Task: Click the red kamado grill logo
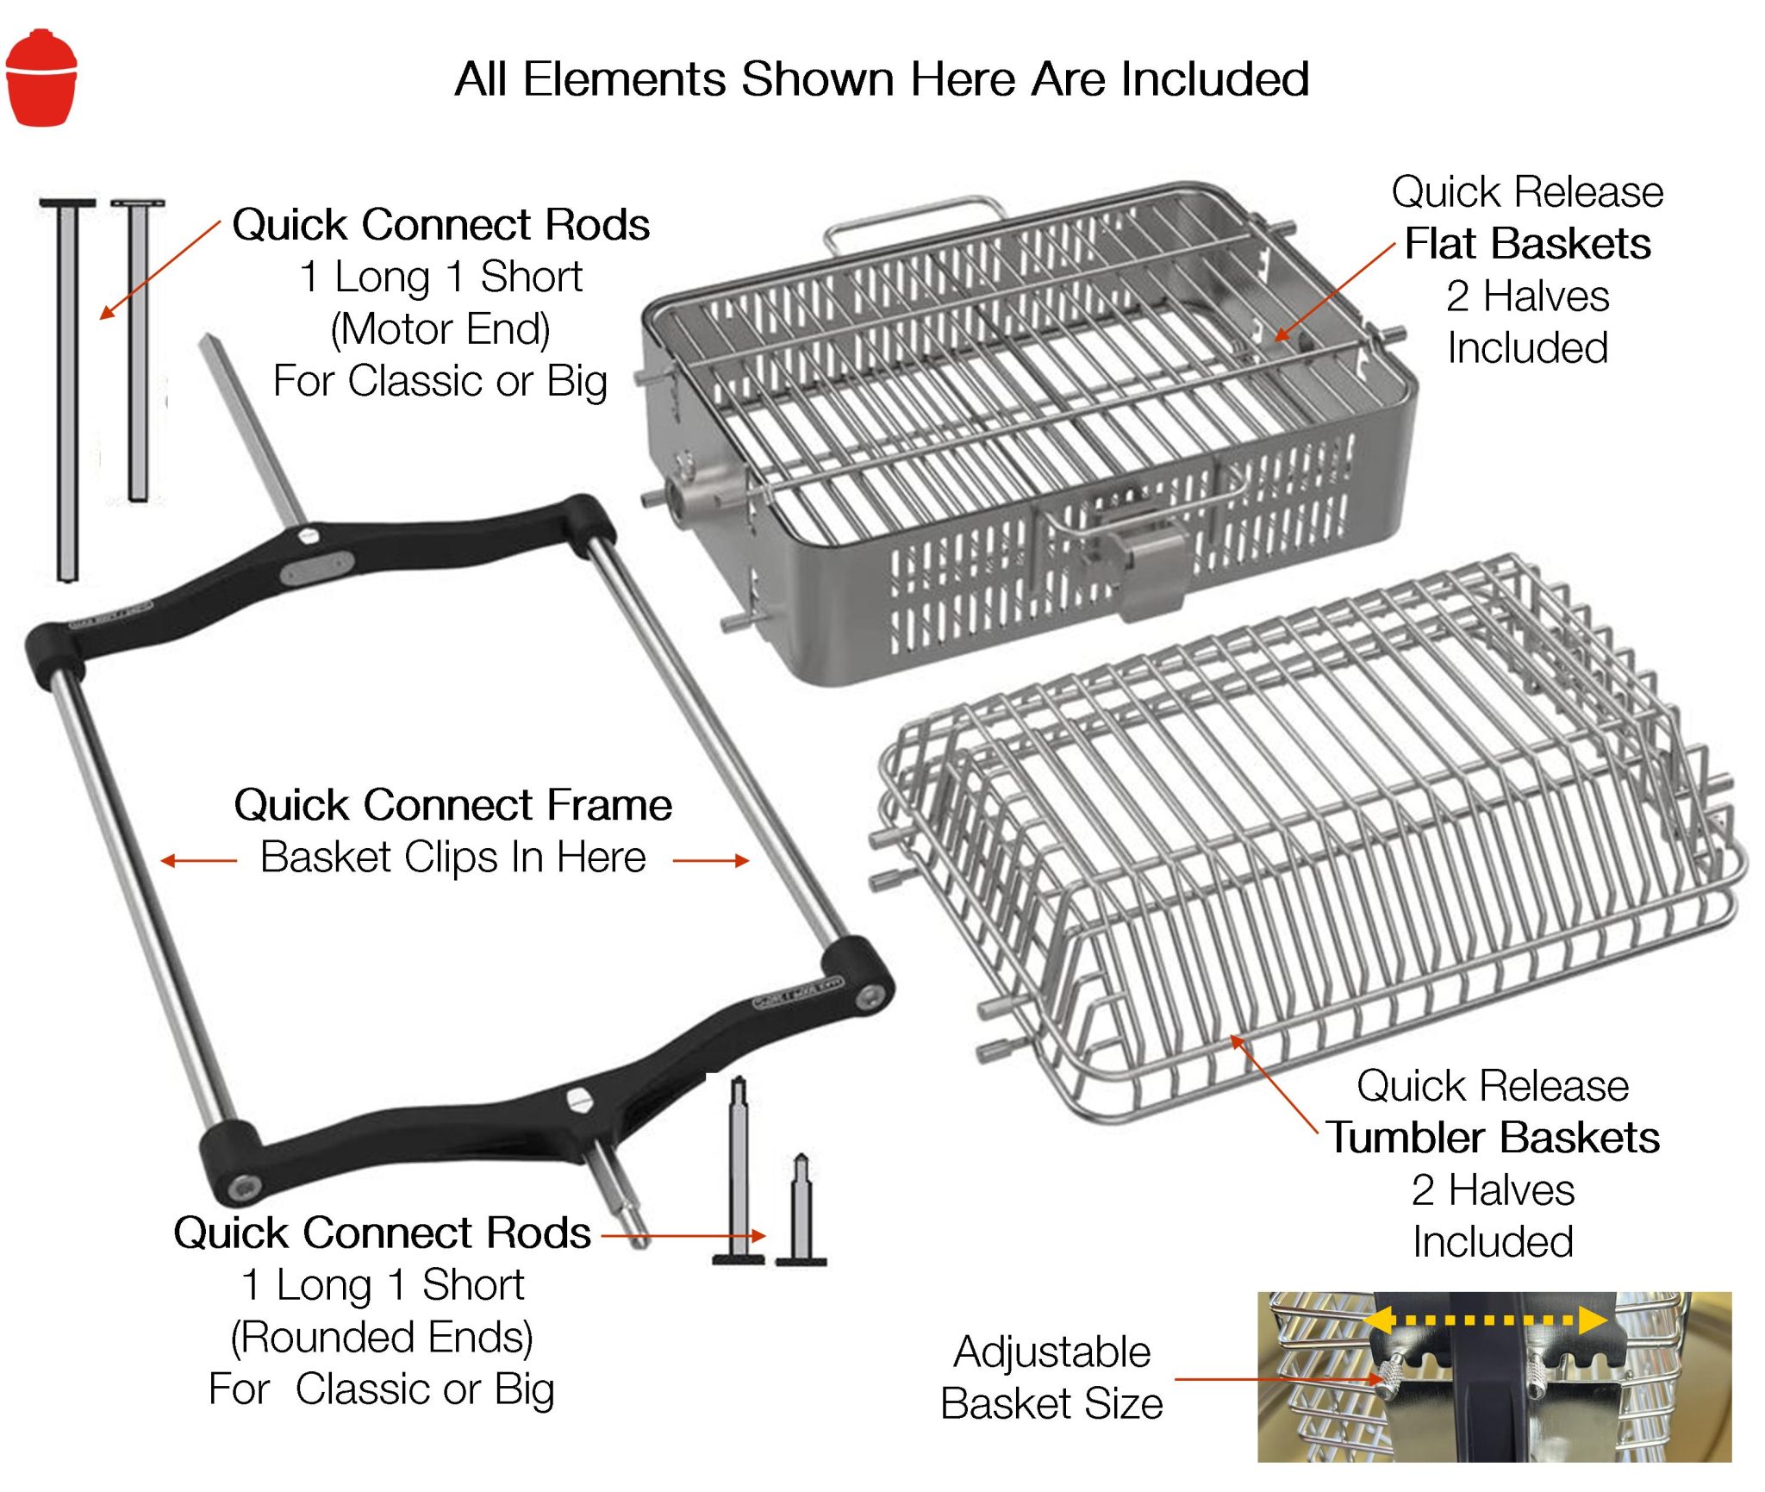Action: pyautogui.click(x=41, y=78)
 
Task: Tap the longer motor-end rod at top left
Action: pyautogui.click(x=67, y=388)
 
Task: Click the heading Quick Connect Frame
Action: pyautogui.click(x=453, y=805)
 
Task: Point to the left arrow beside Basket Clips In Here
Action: pyautogui.click(x=198, y=860)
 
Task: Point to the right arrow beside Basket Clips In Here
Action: pyautogui.click(x=711, y=860)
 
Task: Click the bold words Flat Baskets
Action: pyautogui.click(x=1527, y=244)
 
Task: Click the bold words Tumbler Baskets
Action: pyautogui.click(x=1493, y=1138)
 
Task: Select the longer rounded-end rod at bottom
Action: pyautogui.click(x=739, y=1172)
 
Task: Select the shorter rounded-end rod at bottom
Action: pyautogui.click(x=801, y=1211)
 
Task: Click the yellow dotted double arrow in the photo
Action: pyautogui.click(x=1487, y=1320)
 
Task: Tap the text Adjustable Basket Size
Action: pyautogui.click(x=1051, y=1377)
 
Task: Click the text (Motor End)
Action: pyautogui.click(x=440, y=329)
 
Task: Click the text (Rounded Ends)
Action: pyautogui.click(x=382, y=1337)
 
